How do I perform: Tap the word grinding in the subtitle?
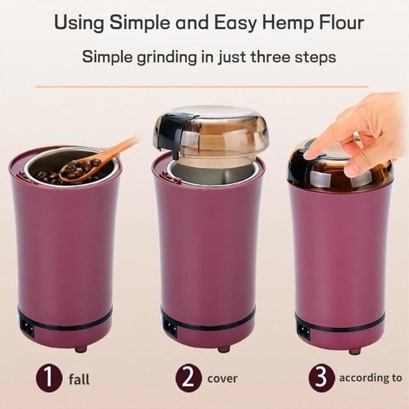[167, 57]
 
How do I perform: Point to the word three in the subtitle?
[271, 56]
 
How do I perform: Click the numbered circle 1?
[49, 378]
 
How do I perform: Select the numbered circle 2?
[188, 378]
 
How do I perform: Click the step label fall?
[79, 379]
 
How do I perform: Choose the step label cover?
[222, 378]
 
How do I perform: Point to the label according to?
[371, 378]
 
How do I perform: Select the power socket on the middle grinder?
[170, 327]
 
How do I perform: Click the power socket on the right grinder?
[304, 330]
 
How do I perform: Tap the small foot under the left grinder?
[81, 349]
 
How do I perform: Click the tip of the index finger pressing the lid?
[308, 155]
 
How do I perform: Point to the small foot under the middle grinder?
[224, 349]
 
